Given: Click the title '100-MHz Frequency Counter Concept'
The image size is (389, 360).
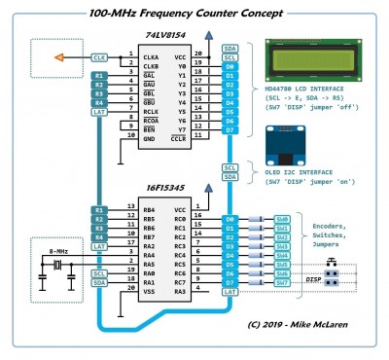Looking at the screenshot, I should coord(186,13).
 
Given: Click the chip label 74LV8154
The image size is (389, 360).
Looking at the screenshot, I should coord(163,34).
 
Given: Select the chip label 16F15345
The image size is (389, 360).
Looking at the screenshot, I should coord(162,194).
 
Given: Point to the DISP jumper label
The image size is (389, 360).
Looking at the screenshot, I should coord(314,277).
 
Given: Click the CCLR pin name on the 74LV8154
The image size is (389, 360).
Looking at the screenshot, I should coord(178,139).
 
